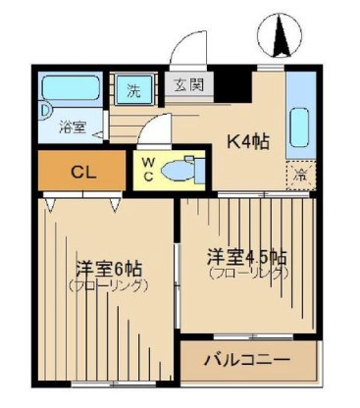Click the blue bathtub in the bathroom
click(72, 90)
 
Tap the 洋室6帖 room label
click(108, 269)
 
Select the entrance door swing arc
click(186, 47)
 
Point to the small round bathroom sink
click(47, 112)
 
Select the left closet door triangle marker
click(51, 203)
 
